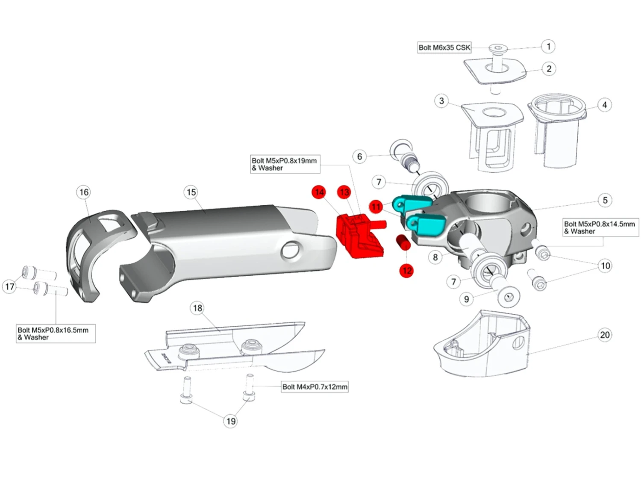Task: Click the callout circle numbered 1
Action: [x=548, y=46]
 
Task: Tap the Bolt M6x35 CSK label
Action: [x=444, y=47]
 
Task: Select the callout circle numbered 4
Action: [x=604, y=105]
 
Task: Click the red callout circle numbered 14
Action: [x=319, y=192]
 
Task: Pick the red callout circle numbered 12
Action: [x=406, y=270]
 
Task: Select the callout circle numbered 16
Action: [x=84, y=192]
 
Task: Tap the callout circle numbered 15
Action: [x=191, y=192]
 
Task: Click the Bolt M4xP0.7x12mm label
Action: [x=315, y=387]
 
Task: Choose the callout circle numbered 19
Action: [x=231, y=421]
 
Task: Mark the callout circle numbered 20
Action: [x=605, y=335]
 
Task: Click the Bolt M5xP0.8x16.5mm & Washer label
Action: [x=53, y=333]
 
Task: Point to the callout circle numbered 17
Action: [x=9, y=286]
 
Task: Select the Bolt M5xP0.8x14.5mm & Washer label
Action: [x=600, y=227]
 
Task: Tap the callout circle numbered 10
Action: [x=605, y=266]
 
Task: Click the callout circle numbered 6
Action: [x=359, y=156]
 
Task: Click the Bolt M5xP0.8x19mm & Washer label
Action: [x=284, y=164]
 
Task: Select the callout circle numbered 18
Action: [x=197, y=308]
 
